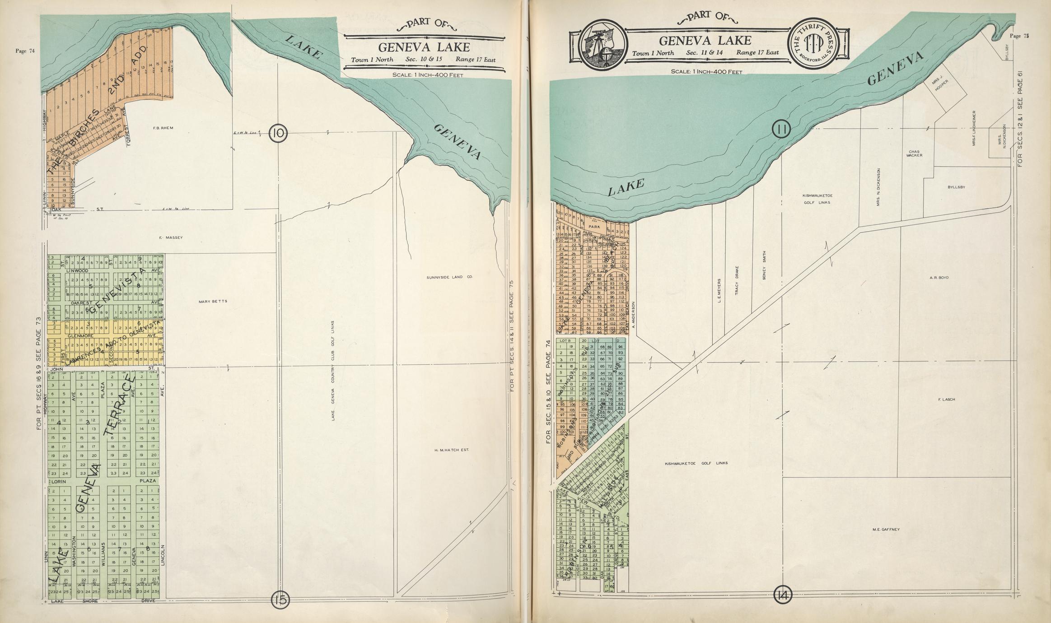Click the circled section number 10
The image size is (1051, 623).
(x=278, y=133)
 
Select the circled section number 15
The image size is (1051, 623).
(x=280, y=600)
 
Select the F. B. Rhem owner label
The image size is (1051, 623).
(x=163, y=128)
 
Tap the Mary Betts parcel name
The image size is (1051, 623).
(x=212, y=302)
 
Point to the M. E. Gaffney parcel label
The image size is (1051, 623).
(x=886, y=530)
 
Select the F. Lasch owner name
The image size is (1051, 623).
(x=946, y=400)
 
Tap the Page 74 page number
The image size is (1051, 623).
(x=25, y=51)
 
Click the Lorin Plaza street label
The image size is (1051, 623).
(x=103, y=481)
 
